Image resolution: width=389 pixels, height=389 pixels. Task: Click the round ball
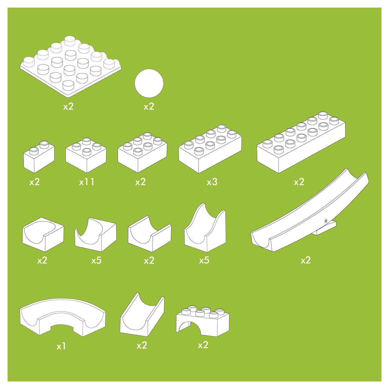pos(149,83)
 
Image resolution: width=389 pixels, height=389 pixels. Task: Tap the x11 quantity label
pos(87,182)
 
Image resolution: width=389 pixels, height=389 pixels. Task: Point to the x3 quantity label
pos(212,182)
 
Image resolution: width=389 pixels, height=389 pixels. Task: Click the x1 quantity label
pos(61,346)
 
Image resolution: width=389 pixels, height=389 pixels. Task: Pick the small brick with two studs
pos(39,157)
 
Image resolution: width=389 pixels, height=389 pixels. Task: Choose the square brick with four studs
pos(86,155)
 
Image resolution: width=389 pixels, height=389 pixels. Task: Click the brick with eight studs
pos(210,149)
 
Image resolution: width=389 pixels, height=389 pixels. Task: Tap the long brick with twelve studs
pos(301,142)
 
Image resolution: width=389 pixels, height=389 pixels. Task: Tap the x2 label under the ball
pos(149,106)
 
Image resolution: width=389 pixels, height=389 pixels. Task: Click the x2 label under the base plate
pos(68,106)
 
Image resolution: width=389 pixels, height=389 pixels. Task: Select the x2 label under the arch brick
pos(203,345)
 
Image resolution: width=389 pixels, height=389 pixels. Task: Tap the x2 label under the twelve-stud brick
pos(299,182)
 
